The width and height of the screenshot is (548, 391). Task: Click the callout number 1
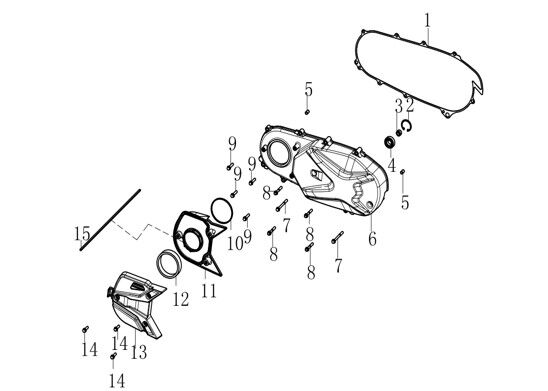tap(427, 21)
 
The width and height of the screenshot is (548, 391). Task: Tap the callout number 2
tap(410, 105)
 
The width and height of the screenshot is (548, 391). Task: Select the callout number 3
tap(399, 105)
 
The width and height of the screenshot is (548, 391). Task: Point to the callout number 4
tap(392, 166)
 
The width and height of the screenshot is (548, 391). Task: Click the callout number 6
tap(373, 239)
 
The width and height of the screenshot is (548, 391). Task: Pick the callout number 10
tap(235, 243)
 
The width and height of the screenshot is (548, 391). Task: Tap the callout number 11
tap(209, 291)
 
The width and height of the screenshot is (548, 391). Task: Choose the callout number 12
tap(181, 299)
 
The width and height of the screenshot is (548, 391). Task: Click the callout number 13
tap(139, 352)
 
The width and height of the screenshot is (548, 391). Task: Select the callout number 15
tap(82, 233)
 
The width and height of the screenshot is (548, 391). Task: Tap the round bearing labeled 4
tap(390, 142)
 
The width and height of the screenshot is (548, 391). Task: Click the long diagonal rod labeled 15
tap(110, 220)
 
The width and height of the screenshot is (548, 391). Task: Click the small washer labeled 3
tap(399, 132)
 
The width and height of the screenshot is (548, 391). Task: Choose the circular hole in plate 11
tap(192, 240)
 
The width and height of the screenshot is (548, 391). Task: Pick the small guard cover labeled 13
tap(136, 304)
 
